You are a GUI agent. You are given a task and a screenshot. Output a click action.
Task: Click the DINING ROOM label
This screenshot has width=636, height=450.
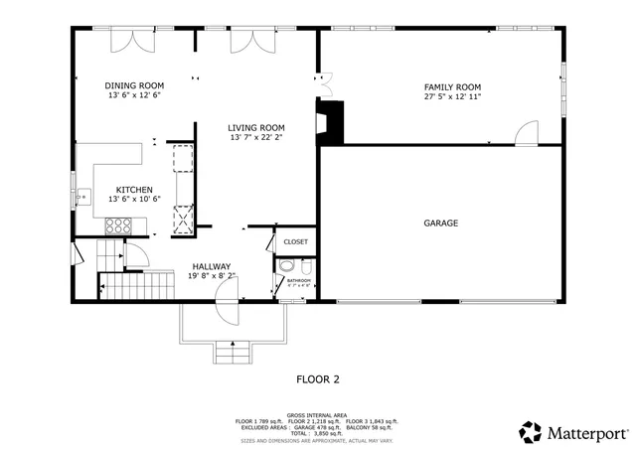click(x=133, y=87)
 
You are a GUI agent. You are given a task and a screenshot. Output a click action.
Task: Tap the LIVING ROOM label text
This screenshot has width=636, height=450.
click(x=256, y=127)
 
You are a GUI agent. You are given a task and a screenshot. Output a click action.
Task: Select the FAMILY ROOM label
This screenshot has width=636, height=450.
click(x=452, y=87)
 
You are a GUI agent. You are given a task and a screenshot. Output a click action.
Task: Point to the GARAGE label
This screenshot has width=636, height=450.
click(x=441, y=224)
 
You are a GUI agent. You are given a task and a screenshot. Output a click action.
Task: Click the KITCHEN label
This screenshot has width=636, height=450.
click(x=133, y=189)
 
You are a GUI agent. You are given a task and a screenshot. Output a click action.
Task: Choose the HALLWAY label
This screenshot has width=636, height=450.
click(x=211, y=266)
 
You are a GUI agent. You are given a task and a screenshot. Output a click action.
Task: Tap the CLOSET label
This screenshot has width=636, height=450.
click(x=295, y=241)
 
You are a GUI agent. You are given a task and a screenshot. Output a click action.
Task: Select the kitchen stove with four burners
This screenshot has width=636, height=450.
click(x=119, y=225)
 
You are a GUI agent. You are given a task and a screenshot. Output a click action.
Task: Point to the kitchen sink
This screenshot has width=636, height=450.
click(x=84, y=197)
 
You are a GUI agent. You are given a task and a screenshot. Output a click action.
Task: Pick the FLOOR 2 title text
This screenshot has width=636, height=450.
click(x=318, y=378)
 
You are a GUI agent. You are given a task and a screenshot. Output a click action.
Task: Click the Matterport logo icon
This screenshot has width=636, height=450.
click(x=530, y=432)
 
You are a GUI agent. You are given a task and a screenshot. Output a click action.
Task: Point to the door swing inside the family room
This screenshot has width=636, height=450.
click(x=527, y=132)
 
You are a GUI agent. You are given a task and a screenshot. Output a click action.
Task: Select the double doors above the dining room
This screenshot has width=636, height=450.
click(x=130, y=39)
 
